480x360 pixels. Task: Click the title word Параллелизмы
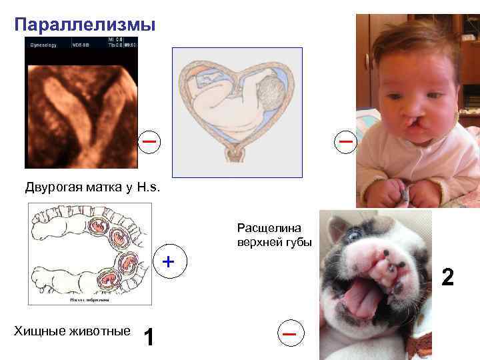[x=85, y=25]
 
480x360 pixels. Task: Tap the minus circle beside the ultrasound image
[x=150, y=142]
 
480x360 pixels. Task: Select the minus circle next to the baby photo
[x=345, y=142]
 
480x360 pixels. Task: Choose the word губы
[x=297, y=243]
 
